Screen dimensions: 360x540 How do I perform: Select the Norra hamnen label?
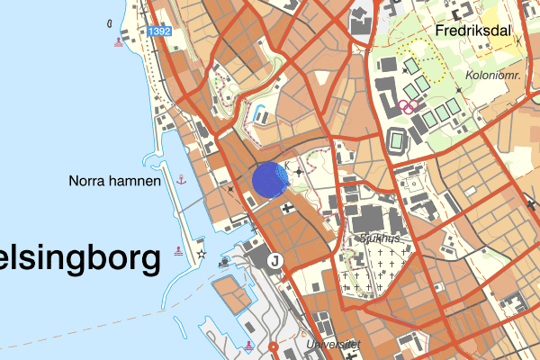[x=114, y=181]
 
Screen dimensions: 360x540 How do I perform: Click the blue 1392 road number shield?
[x=160, y=31]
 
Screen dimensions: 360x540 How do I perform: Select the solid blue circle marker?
[x=269, y=179]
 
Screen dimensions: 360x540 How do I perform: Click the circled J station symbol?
[x=275, y=261]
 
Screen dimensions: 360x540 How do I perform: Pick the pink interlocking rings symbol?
[x=409, y=106]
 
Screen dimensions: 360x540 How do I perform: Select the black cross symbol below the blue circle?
[x=287, y=209]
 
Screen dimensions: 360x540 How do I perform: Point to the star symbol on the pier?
[x=202, y=256]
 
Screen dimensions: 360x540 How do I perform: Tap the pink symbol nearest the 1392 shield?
[x=118, y=41]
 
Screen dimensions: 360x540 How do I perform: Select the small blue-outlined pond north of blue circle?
[x=260, y=115]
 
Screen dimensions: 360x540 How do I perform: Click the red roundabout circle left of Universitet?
[x=273, y=346]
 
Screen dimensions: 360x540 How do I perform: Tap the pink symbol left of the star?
[x=182, y=253]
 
